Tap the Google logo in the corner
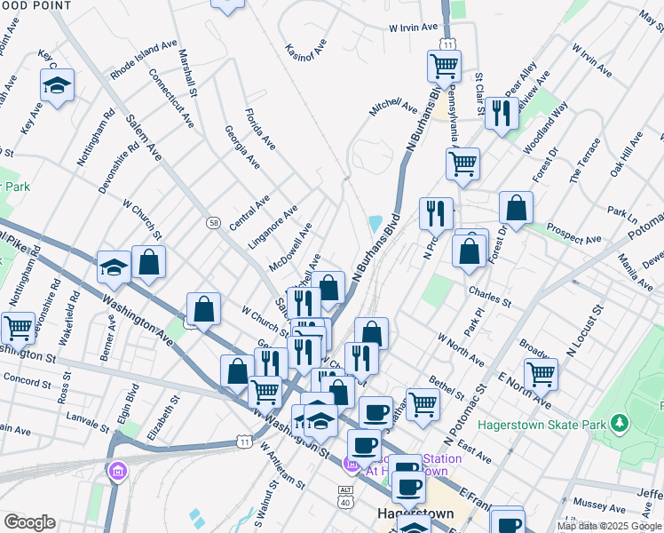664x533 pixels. pos(29,521)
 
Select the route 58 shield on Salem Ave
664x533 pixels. pos(213,221)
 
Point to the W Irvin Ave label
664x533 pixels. pos(413,28)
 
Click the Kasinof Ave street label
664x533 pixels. pos(306,56)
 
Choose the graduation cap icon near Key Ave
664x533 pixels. pos(58,85)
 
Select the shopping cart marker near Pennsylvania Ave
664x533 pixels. pos(462,163)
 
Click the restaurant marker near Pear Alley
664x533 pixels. pos(502,113)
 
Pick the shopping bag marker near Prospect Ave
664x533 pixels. pos(516,208)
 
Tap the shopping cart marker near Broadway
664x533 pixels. pos(541,373)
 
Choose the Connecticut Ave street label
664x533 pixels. pos(171,97)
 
